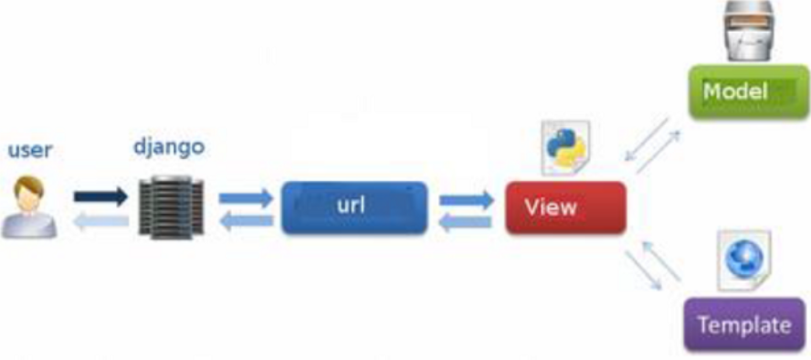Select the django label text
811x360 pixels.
tap(170, 148)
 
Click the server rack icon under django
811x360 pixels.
tap(171, 208)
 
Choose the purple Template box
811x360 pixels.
tap(744, 324)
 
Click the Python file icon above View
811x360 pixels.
tap(566, 146)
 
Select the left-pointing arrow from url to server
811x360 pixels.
tap(246, 219)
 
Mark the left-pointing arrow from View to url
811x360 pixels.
tap(466, 221)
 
